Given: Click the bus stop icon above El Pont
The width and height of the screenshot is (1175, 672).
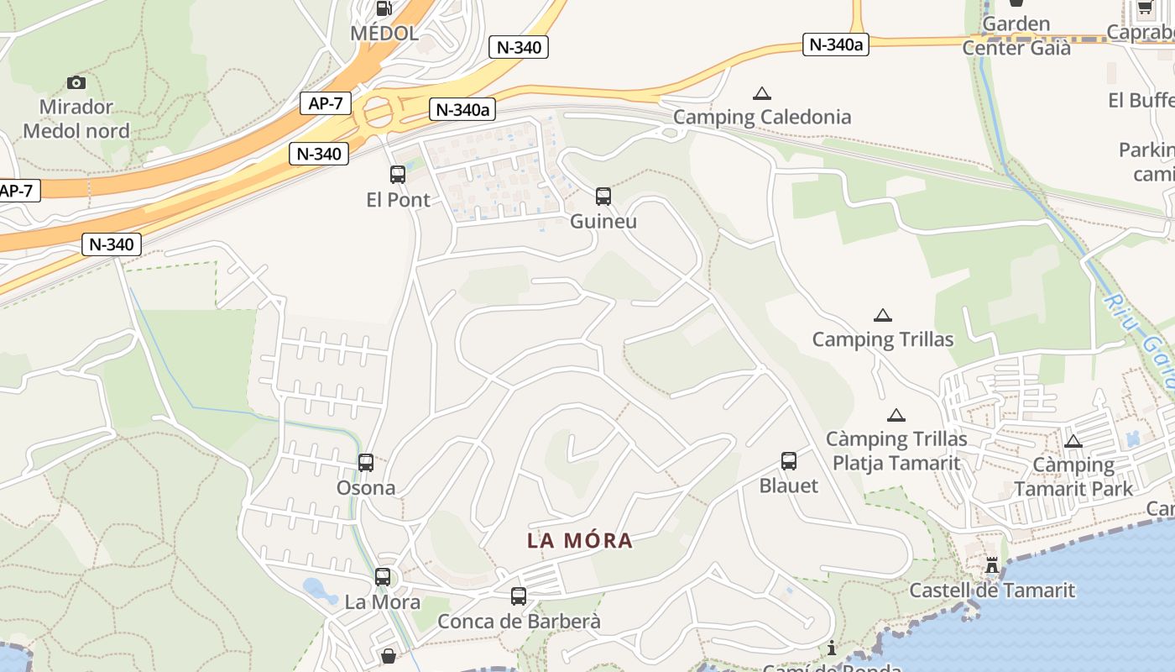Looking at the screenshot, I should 398,175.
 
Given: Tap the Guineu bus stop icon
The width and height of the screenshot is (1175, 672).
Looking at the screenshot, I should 603,197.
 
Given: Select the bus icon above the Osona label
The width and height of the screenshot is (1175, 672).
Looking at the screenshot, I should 366,462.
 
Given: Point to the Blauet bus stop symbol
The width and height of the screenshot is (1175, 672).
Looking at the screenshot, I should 789,460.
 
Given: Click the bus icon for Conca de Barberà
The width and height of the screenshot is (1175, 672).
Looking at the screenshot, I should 519,596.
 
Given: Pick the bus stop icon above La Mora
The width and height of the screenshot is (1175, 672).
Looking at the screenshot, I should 383,577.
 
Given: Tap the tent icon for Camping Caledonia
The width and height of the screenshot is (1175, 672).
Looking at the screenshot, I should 762,93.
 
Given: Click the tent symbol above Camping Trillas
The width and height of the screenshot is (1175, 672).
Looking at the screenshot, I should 882,316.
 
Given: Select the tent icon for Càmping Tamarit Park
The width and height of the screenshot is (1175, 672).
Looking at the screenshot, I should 1073,441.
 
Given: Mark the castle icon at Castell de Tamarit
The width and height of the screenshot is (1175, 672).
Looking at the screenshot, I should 992,566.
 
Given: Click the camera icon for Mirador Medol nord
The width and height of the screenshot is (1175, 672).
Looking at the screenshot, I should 76,82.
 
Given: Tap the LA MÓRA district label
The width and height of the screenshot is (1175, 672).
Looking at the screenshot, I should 580,541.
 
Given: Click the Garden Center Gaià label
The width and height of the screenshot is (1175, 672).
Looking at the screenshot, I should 1016,36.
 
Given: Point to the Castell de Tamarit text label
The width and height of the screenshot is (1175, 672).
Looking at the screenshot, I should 992,591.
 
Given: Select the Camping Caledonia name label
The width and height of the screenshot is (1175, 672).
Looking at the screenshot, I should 762,117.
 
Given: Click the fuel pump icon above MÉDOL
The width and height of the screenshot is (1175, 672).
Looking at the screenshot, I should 384,8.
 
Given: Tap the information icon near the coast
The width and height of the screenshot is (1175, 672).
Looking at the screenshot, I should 832,648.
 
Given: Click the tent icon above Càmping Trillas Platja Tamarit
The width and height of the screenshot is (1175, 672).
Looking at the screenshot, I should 896,415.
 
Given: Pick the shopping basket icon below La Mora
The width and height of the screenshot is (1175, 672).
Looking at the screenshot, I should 389,655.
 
